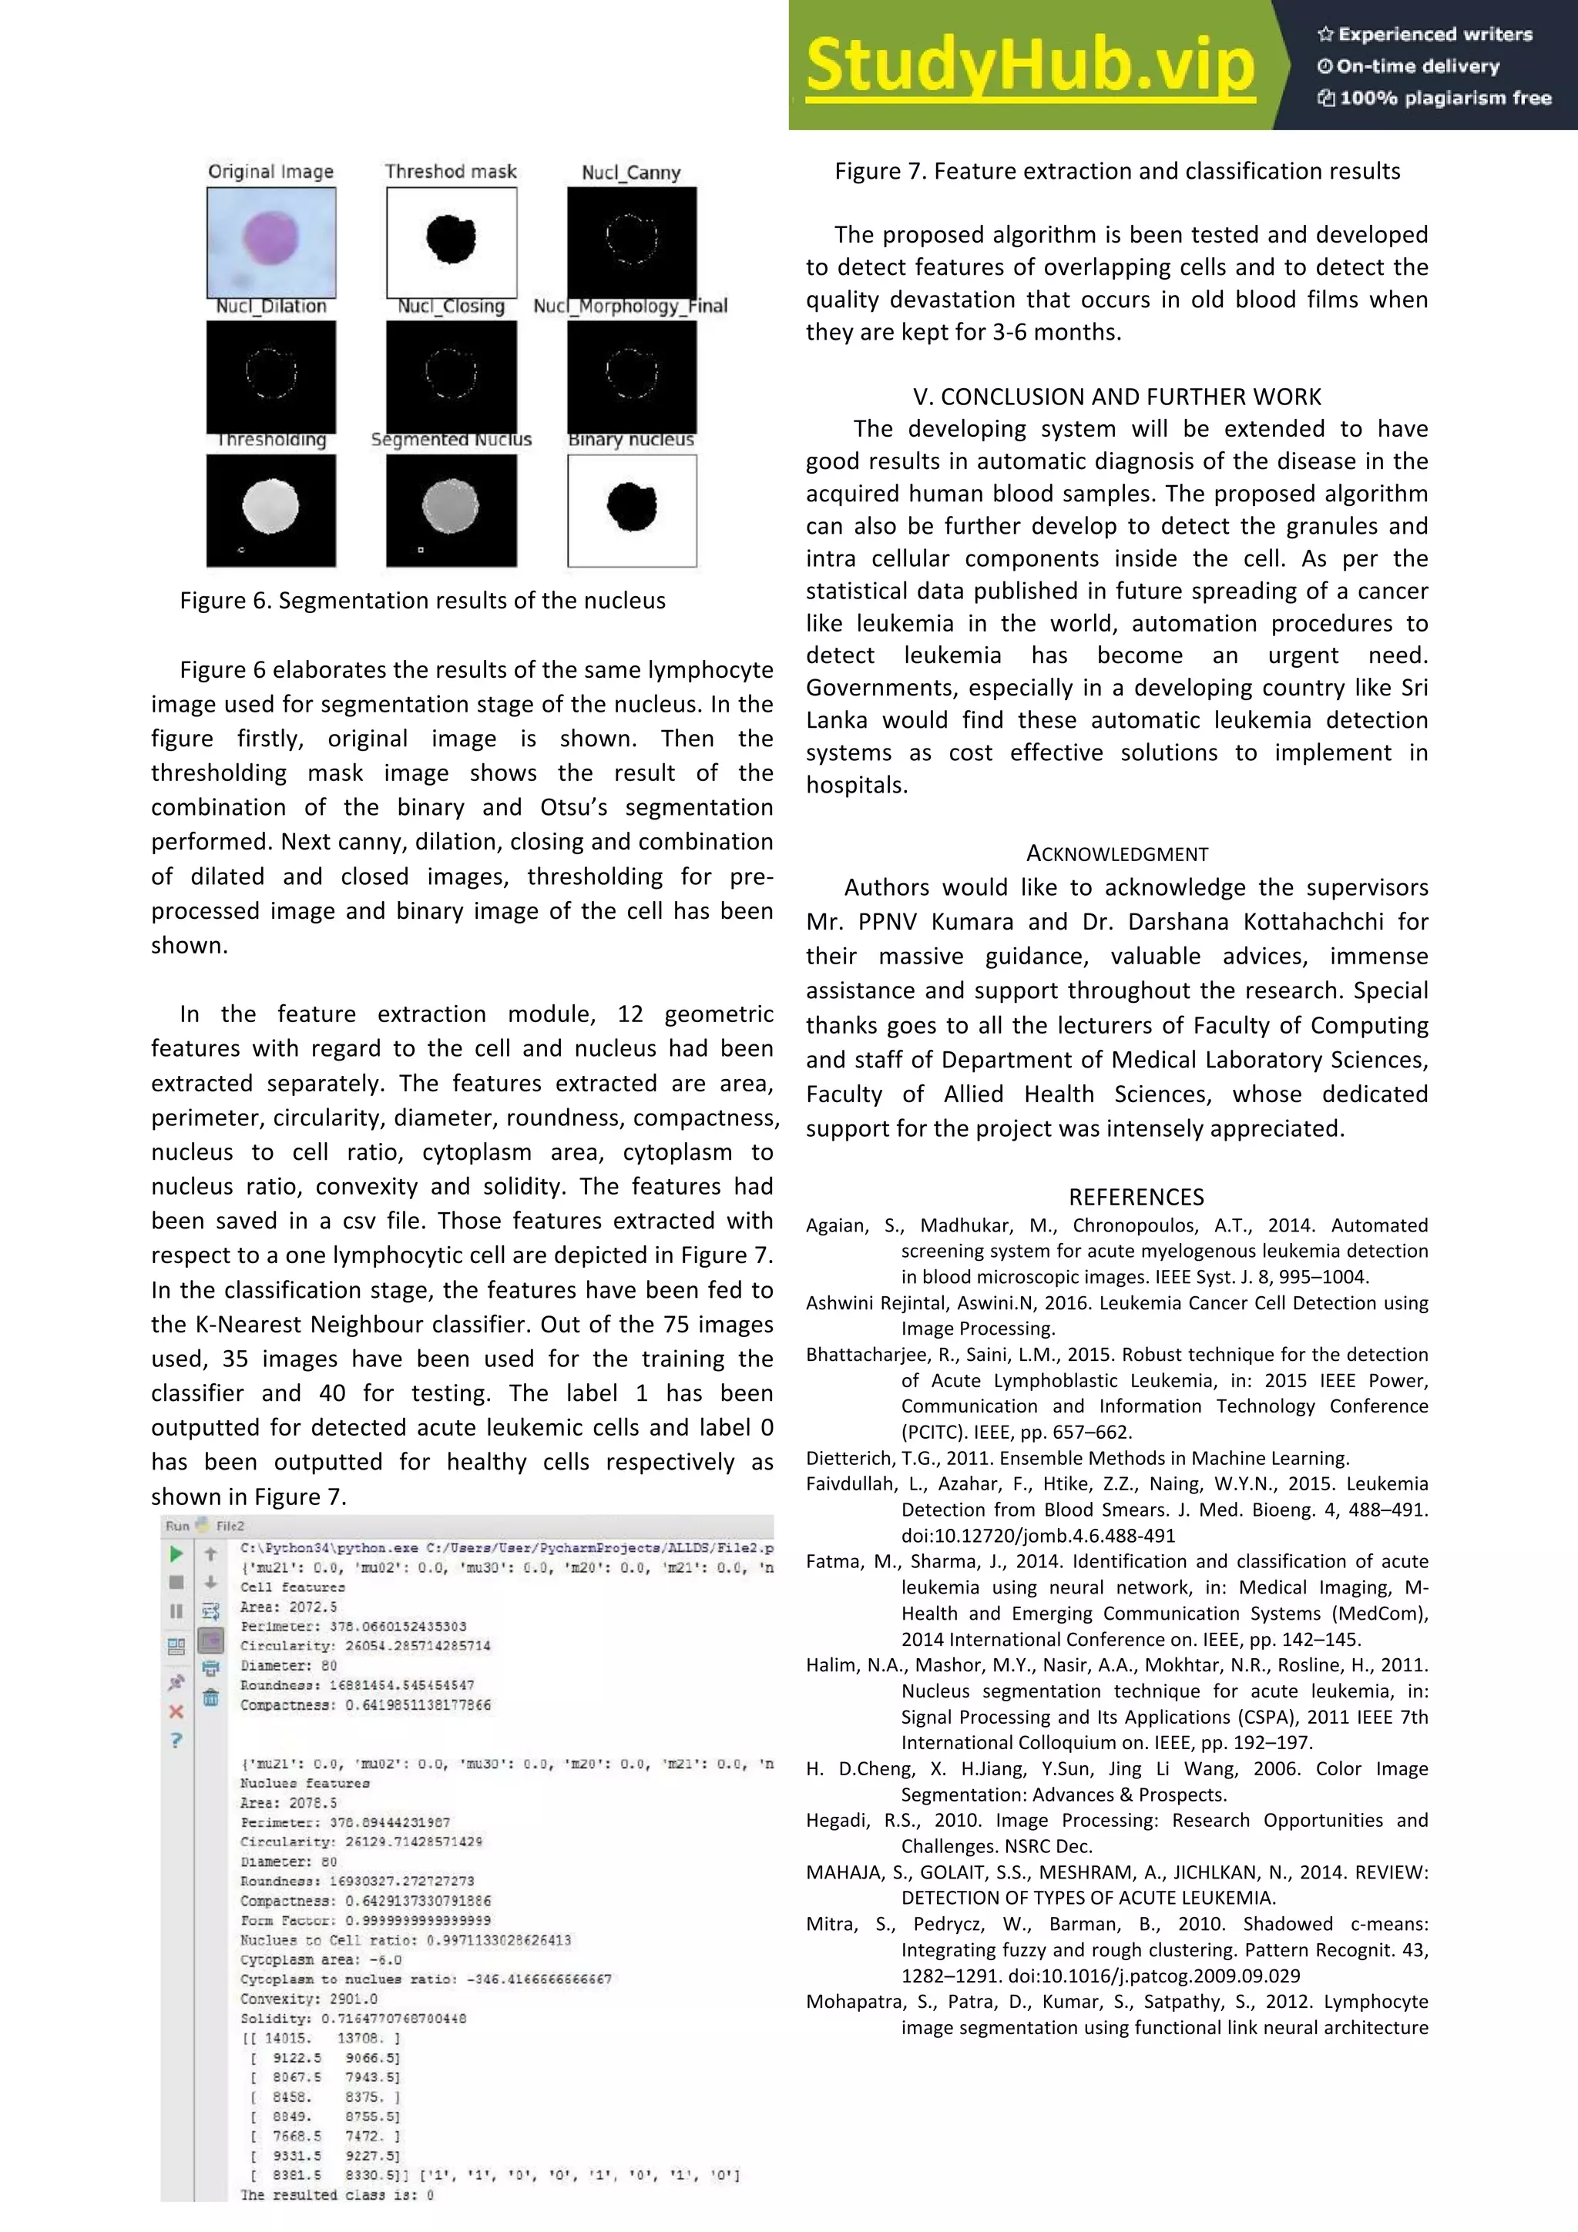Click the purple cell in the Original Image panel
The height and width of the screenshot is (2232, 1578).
coord(270,237)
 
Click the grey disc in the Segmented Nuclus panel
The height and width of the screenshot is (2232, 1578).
coord(450,505)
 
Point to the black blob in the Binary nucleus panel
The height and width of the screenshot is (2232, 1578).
coord(631,505)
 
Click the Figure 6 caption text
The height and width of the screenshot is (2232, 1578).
coord(422,601)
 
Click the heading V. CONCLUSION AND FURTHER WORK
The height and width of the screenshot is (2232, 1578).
coord(1116,397)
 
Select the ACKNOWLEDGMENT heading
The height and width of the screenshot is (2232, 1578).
coord(1116,853)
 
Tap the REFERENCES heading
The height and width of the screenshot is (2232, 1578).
coord(1136,1197)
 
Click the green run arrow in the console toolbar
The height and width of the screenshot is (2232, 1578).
coord(176,1553)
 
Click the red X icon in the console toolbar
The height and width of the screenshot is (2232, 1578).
coord(176,1711)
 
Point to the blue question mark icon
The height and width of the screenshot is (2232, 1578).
coord(176,1740)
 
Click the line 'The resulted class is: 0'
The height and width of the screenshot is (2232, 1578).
coord(337,2195)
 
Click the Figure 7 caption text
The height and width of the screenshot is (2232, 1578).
coord(1116,172)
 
